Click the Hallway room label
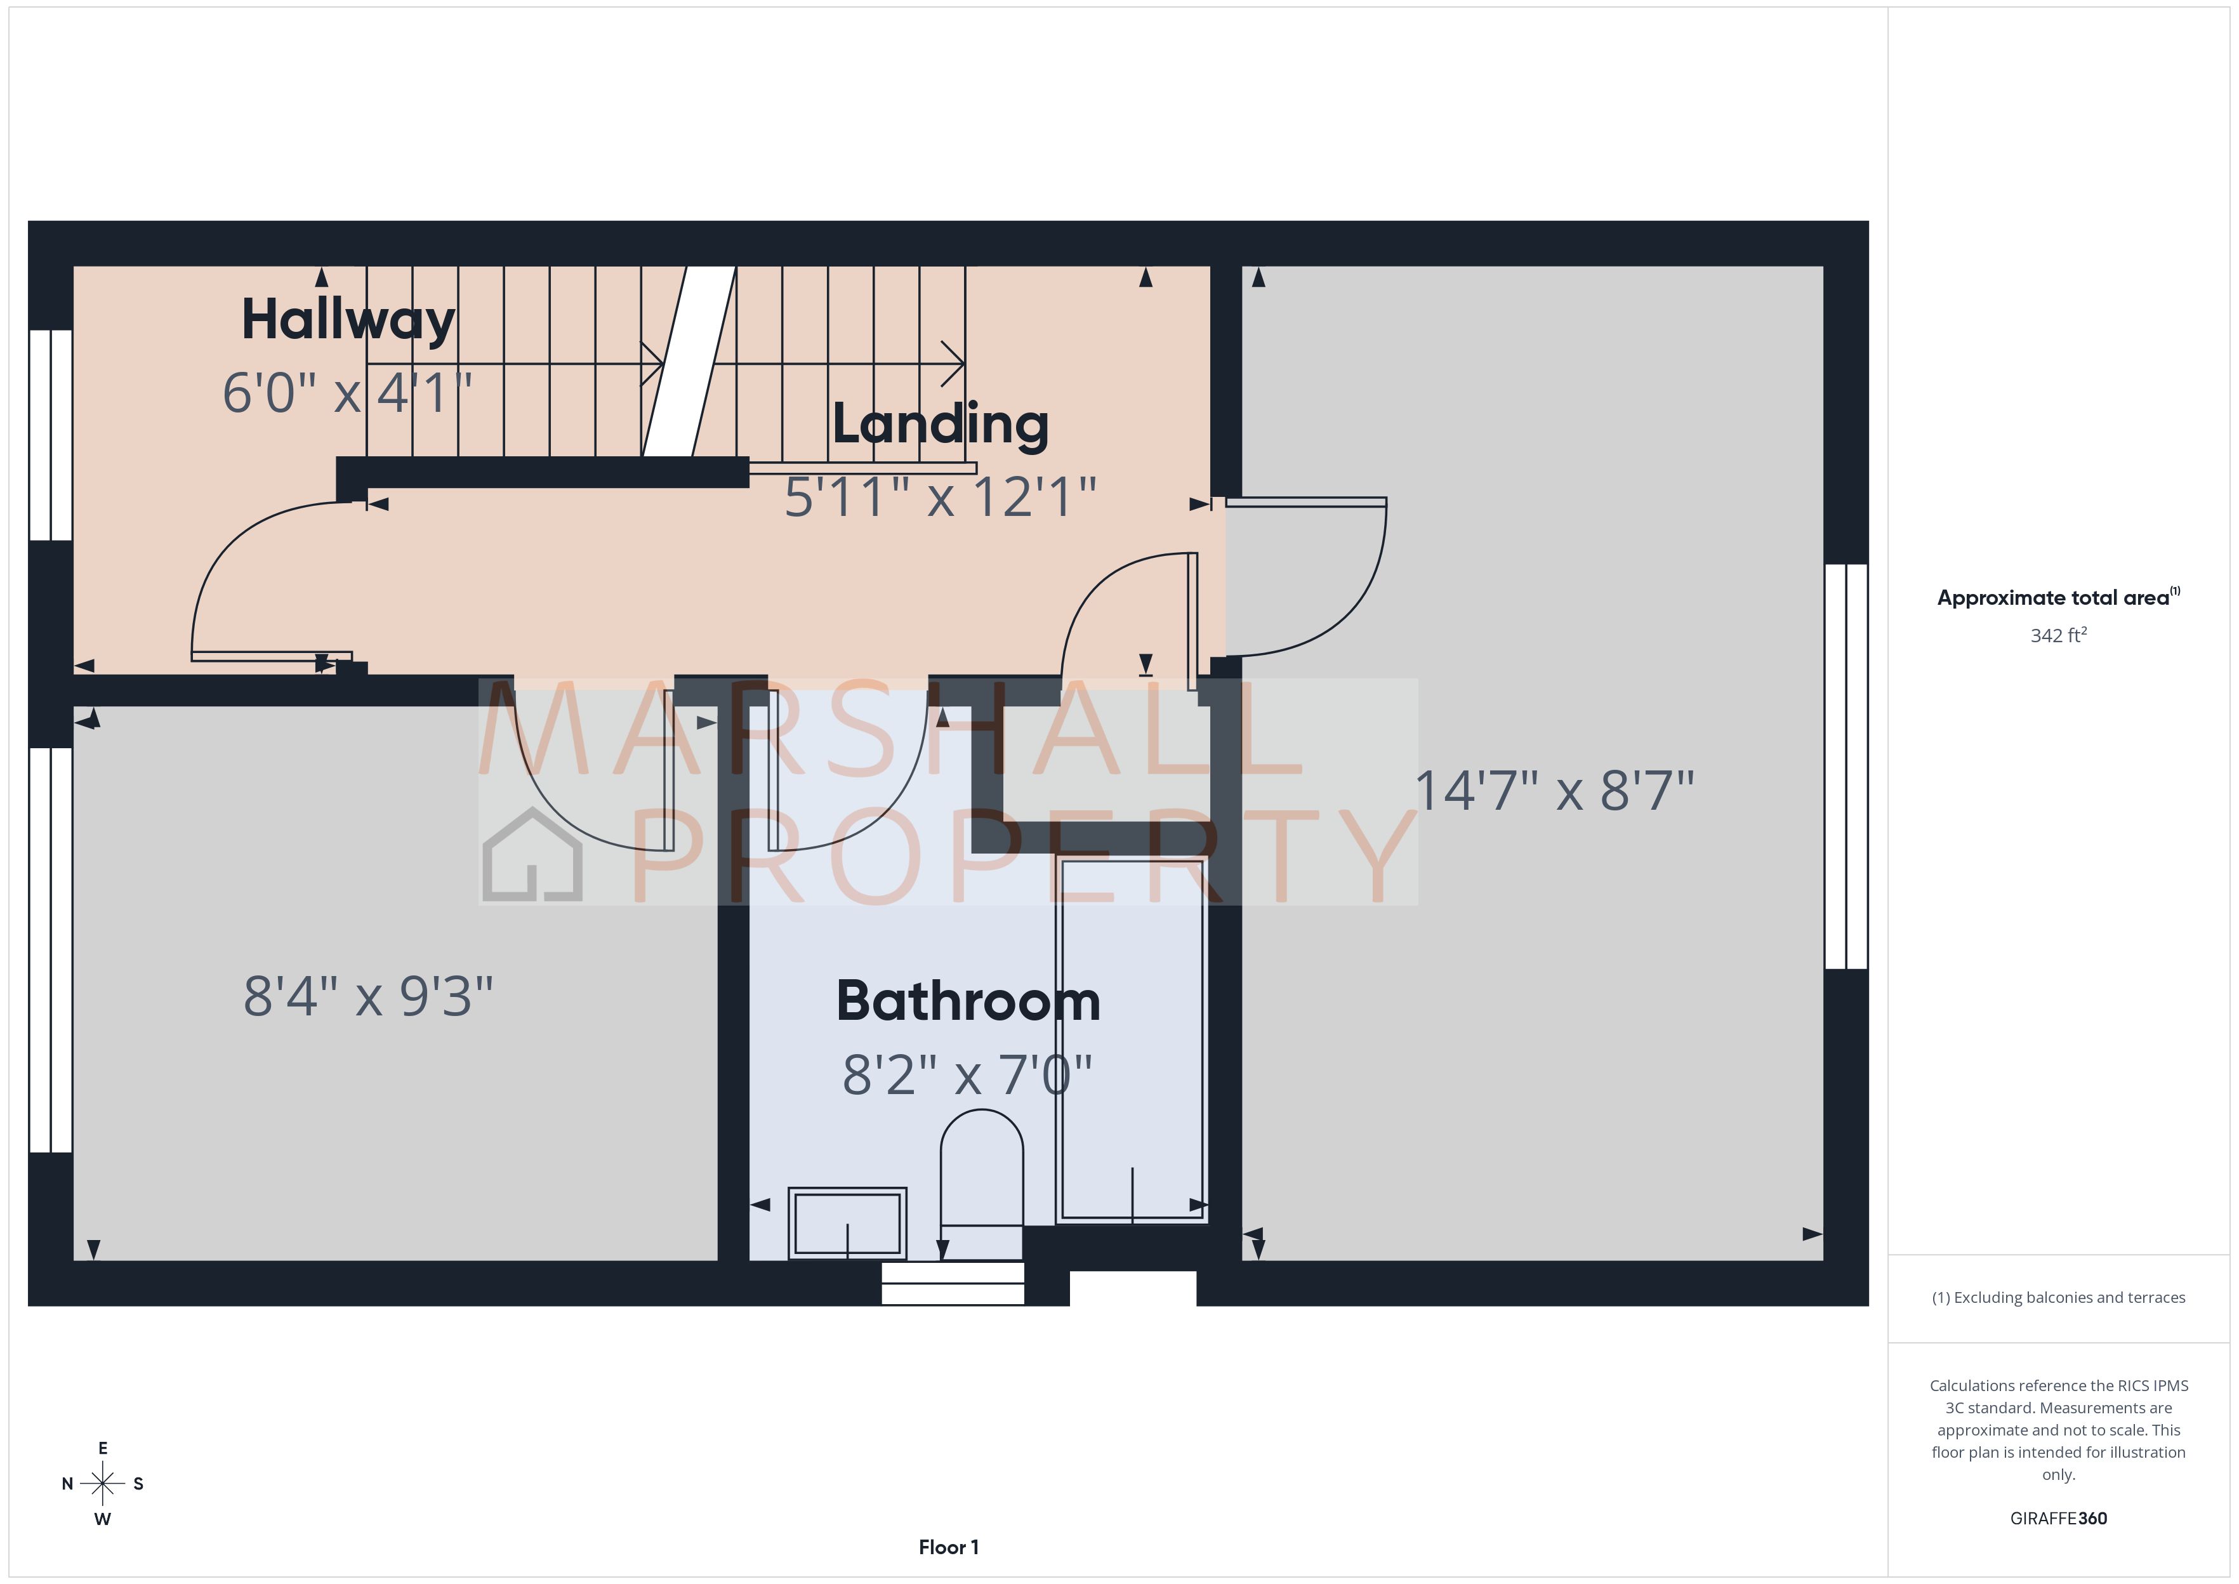tap(348, 320)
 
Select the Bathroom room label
tap(968, 1001)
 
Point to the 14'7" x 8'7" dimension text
tap(1554, 791)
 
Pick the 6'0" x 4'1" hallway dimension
tap(347, 393)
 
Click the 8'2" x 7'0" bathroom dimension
tap(967, 1075)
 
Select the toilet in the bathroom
tap(981, 1180)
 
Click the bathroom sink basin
tap(847, 1222)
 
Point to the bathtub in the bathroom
tap(1132, 1039)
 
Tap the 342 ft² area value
tap(2057, 636)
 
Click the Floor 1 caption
tap(948, 1547)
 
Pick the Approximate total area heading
tap(2057, 598)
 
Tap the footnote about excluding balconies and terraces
tap(2057, 1297)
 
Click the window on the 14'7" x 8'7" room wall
tap(1846, 766)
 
